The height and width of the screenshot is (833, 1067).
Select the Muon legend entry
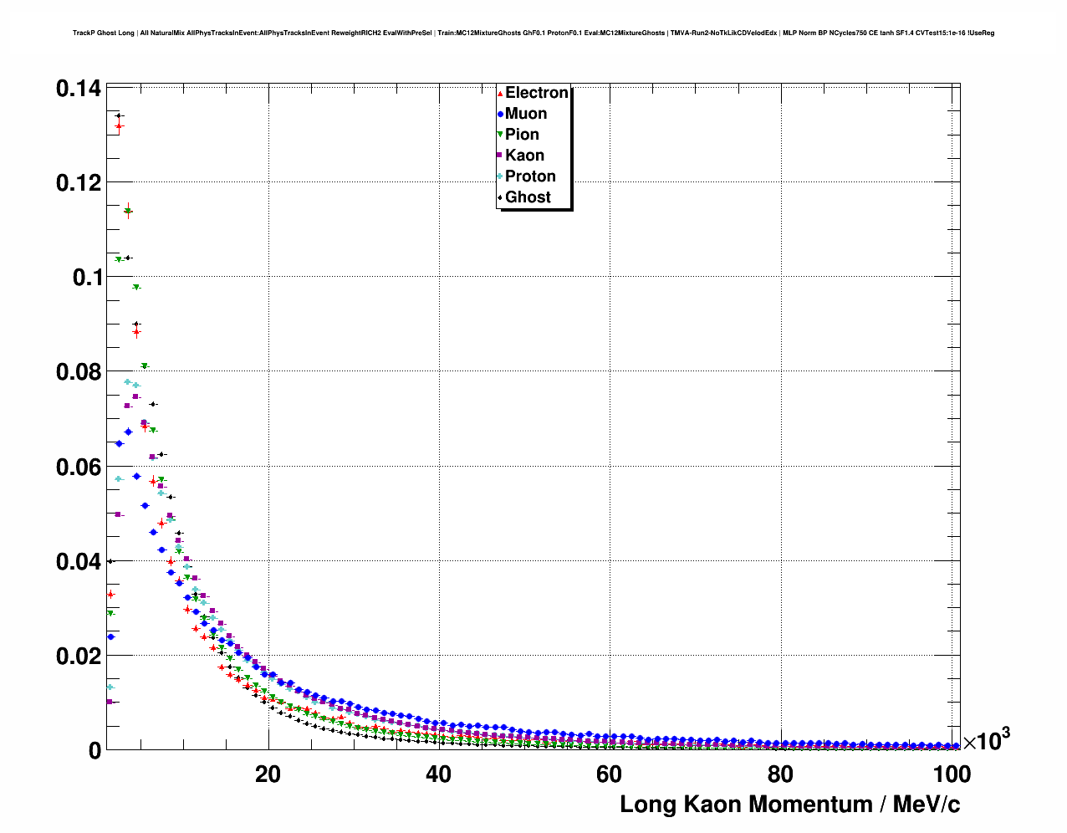525,114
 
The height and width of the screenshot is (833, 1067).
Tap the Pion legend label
522,135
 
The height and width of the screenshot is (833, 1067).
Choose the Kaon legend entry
524,156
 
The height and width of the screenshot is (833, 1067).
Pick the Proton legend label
530,176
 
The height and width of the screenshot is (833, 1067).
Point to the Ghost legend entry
528,197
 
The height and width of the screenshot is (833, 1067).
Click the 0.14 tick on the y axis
79,88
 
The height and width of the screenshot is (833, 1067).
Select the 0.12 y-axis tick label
79,182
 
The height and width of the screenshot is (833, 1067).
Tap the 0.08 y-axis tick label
79,371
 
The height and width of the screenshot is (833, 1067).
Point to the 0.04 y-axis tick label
79,561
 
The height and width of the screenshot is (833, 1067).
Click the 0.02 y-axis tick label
79,656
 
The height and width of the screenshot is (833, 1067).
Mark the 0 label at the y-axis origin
94,750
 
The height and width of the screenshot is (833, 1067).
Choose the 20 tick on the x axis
268,774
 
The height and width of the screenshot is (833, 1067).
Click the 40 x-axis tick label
438,774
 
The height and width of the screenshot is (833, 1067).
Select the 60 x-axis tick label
609,774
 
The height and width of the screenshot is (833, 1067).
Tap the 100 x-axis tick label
952,774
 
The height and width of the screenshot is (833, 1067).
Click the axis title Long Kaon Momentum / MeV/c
789,805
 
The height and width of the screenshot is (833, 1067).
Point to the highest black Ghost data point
119,115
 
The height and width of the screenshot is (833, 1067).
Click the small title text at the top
533,33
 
